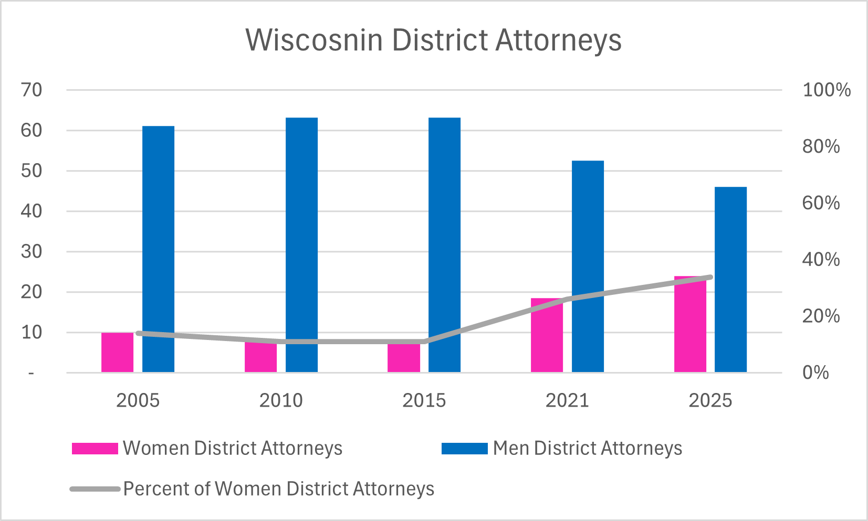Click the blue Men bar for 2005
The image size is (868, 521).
pyautogui.click(x=158, y=249)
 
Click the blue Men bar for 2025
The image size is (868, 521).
pyautogui.click(x=730, y=279)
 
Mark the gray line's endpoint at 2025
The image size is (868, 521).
pyautogui.click(x=710, y=277)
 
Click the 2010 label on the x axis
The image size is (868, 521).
pyautogui.click(x=281, y=401)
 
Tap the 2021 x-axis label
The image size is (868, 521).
pyautogui.click(x=567, y=401)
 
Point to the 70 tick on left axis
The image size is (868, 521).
pyautogui.click(x=32, y=90)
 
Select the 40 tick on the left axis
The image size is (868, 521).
pyautogui.click(x=32, y=211)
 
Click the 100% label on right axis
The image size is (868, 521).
pyautogui.click(x=826, y=90)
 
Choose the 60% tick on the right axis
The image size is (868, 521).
pyautogui.click(x=821, y=203)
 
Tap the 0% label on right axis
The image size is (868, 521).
pyautogui.click(x=815, y=373)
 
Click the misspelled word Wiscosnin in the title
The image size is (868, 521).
pyautogui.click(x=314, y=40)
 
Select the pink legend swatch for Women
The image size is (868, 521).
pyautogui.click(x=95, y=449)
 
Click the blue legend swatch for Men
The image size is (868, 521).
pyautogui.click(x=465, y=449)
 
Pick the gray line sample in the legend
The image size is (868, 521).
pyautogui.click(x=95, y=489)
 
